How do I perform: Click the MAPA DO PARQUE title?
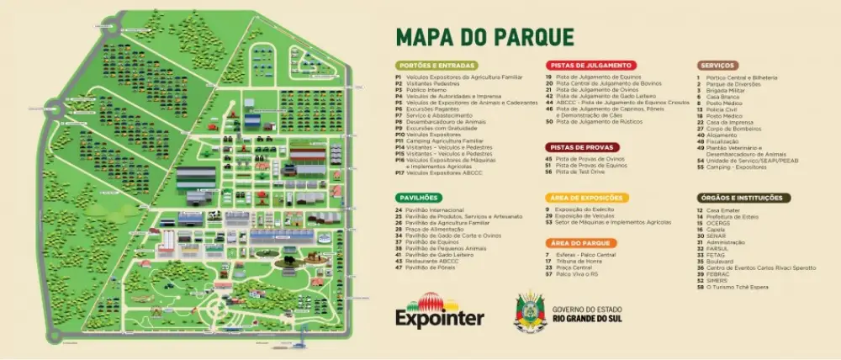(x=484, y=36)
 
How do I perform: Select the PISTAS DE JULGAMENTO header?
(x=591, y=65)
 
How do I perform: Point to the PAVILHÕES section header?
(x=418, y=197)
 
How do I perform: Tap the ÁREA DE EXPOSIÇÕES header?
(x=586, y=197)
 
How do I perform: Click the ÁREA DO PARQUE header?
(x=576, y=242)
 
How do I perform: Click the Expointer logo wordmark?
(x=440, y=318)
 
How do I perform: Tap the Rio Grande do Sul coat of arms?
(x=532, y=310)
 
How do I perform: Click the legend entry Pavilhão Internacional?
(x=436, y=209)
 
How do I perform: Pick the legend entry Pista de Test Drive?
(x=579, y=171)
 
